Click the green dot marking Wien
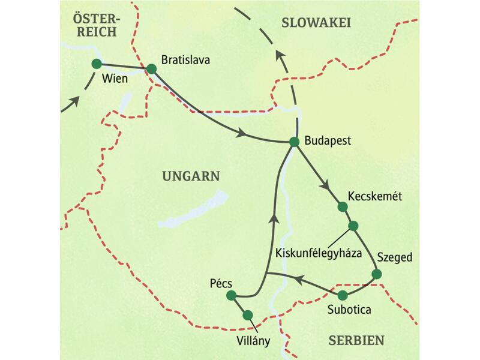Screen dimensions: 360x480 tap(96, 64)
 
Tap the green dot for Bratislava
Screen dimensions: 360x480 tap(151, 69)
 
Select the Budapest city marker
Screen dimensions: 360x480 tap(294, 142)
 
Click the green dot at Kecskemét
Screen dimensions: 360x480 tap(343, 207)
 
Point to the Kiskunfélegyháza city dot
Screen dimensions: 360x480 tap(353, 226)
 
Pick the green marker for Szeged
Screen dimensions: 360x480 tap(376, 274)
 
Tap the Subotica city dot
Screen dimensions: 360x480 tap(343, 295)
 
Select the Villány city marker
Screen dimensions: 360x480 tap(248, 314)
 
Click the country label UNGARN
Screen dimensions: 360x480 tap(191, 176)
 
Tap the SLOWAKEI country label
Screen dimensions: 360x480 tap(316, 23)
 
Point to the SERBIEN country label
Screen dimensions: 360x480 tap(356, 340)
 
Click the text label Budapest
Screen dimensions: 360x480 tap(328, 142)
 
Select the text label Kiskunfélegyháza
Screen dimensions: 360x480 tap(317, 253)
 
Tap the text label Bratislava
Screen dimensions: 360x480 tap(187, 60)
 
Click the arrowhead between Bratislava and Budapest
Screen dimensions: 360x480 tap(242, 133)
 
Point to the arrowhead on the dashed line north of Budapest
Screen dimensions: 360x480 tap(279, 58)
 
